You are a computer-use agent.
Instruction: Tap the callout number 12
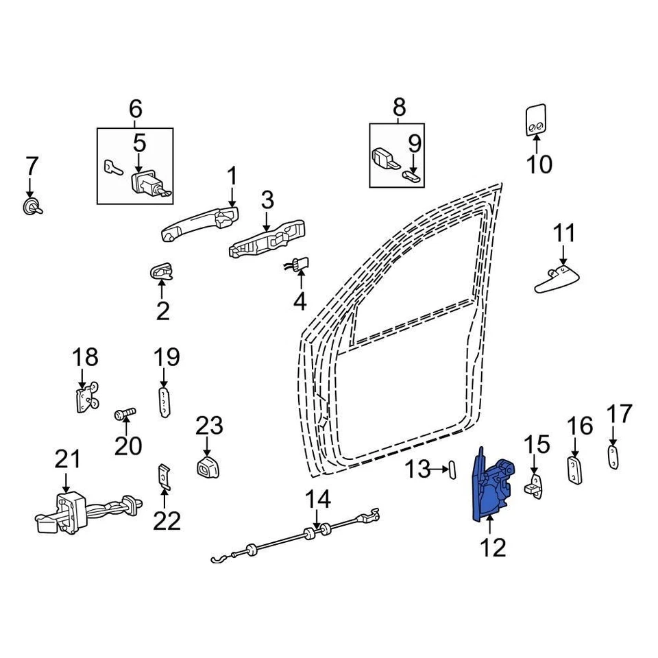coord(493,547)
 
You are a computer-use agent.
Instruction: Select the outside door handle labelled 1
coord(199,224)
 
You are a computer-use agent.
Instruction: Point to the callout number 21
coord(68,460)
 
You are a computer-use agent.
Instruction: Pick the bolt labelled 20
coord(125,413)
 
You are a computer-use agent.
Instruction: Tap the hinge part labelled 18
coord(85,398)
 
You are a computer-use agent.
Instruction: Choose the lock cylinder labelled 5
coord(147,186)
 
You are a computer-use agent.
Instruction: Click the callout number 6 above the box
coord(135,108)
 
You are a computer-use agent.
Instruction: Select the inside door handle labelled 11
coord(558,280)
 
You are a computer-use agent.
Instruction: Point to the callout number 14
coord(317,499)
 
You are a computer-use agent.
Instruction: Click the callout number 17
coord(620,415)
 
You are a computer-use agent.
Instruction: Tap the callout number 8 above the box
coord(399,108)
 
